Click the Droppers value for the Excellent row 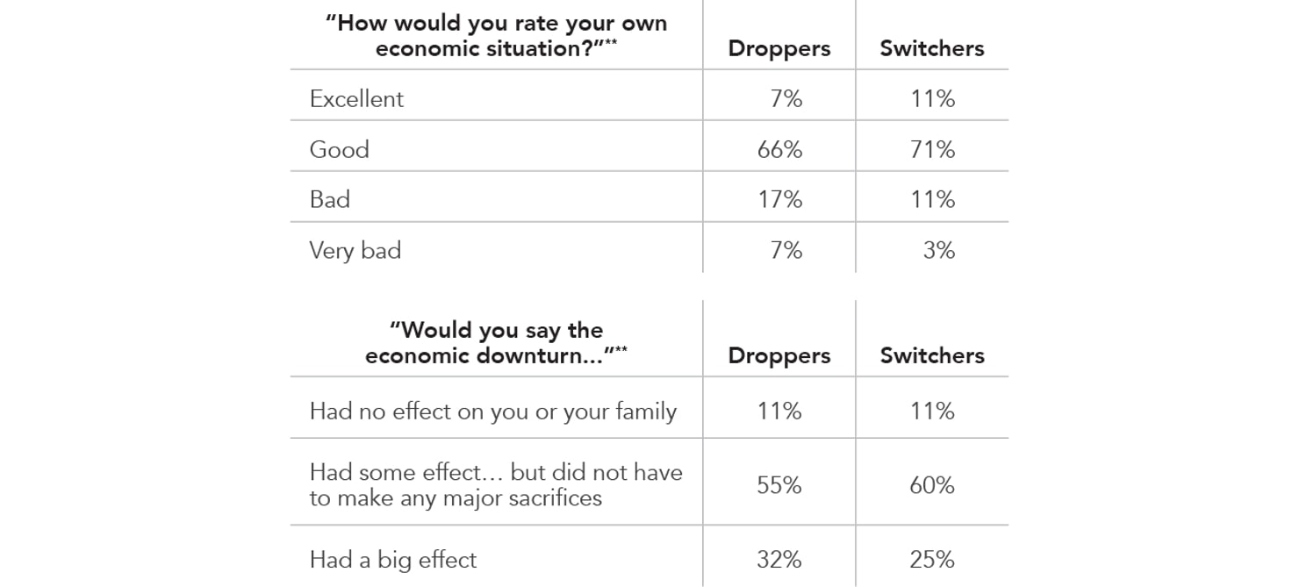point(786,98)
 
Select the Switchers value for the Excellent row point(932,98)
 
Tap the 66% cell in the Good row point(779,149)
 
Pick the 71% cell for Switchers point(932,149)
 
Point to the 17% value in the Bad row point(779,199)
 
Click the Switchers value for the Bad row point(932,199)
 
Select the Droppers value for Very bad point(786,250)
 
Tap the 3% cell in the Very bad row point(938,250)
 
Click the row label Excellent point(356,98)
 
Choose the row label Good point(339,149)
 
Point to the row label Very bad point(355,250)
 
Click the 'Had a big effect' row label point(392,560)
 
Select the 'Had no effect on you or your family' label point(492,412)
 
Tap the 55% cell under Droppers point(779,485)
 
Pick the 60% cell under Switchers point(932,485)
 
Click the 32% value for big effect point(779,560)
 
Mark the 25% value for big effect point(932,560)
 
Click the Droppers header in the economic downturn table point(779,355)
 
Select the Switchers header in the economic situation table point(932,48)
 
